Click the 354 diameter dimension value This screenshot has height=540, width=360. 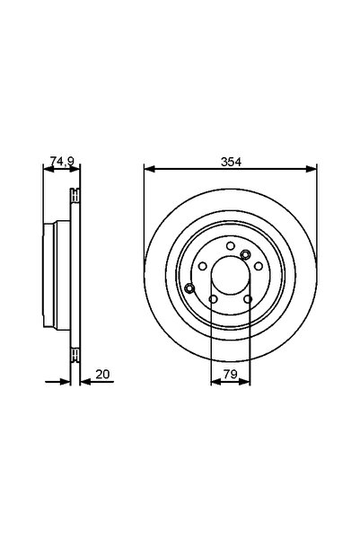(x=231, y=161)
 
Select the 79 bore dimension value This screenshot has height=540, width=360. (x=230, y=373)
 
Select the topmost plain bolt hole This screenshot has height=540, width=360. (x=231, y=245)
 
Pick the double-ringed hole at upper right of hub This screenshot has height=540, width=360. (x=245, y=254)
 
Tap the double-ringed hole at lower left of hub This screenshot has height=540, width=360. (x=189, y=288)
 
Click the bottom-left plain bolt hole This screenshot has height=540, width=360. (x=213, y=299)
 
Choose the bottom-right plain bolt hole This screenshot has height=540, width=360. (x=247, y=299)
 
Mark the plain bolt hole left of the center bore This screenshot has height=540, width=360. (x=203, y=266)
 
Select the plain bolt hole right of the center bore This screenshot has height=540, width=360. (x=257, y=266)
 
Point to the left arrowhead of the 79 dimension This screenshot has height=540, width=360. (x=215, y=381)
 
